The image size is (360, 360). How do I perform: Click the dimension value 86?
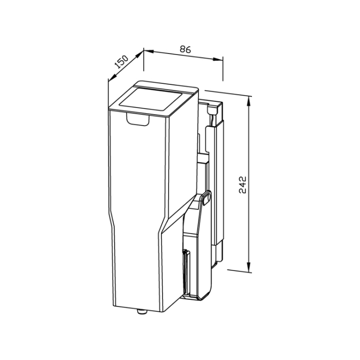tap(185, 49)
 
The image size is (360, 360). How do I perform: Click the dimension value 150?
tap(121, 62)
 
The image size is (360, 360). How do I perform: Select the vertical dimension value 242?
tap(242, 185)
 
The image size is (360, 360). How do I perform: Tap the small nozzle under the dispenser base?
tap(142, 312)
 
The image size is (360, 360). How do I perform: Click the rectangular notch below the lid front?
tap(138, 119)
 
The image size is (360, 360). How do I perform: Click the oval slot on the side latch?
tap(206, 199)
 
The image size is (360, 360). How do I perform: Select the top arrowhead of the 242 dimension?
tap(248, 101)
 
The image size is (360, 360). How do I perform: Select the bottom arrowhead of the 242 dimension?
tap(248, 267)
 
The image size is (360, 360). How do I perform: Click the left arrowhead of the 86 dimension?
tap(149, 51)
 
